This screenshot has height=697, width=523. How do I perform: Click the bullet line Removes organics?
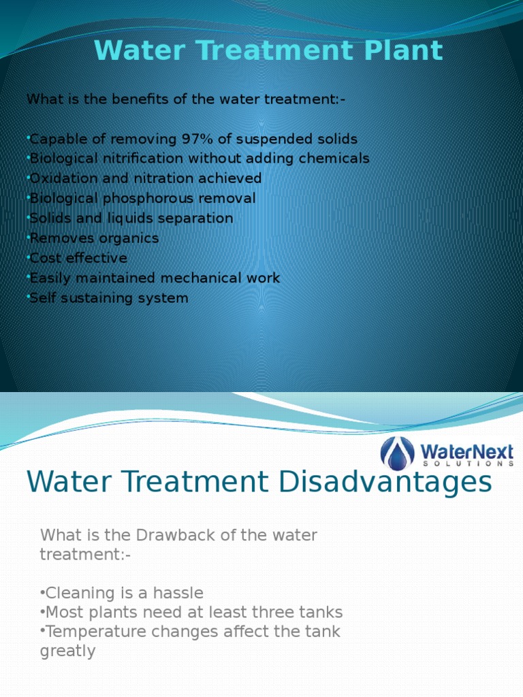point(94,238)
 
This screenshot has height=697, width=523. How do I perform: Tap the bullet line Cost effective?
point(78,258)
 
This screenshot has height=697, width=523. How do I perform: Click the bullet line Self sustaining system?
point(109,298)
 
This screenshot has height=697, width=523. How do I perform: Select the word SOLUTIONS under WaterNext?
point(467,463)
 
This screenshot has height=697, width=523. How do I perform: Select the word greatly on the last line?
point(67,651)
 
